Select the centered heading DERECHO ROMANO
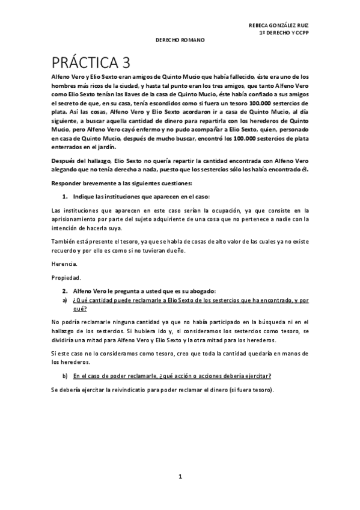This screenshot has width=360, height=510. [x=180, y=40]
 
